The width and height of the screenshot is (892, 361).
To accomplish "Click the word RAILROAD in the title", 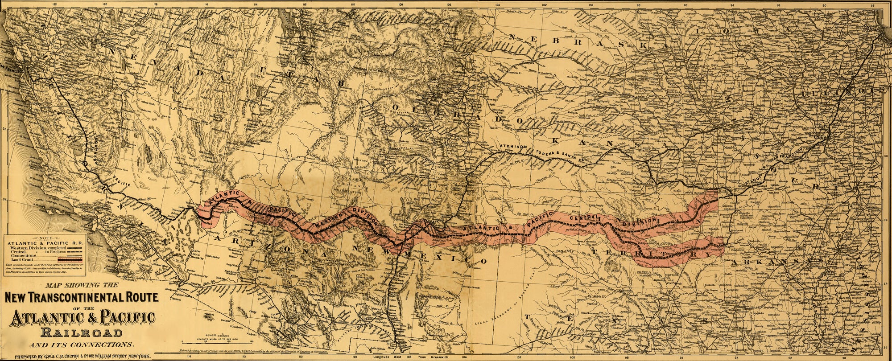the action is [81, 333].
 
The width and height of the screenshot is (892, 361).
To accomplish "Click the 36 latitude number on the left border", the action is [4, 129].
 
